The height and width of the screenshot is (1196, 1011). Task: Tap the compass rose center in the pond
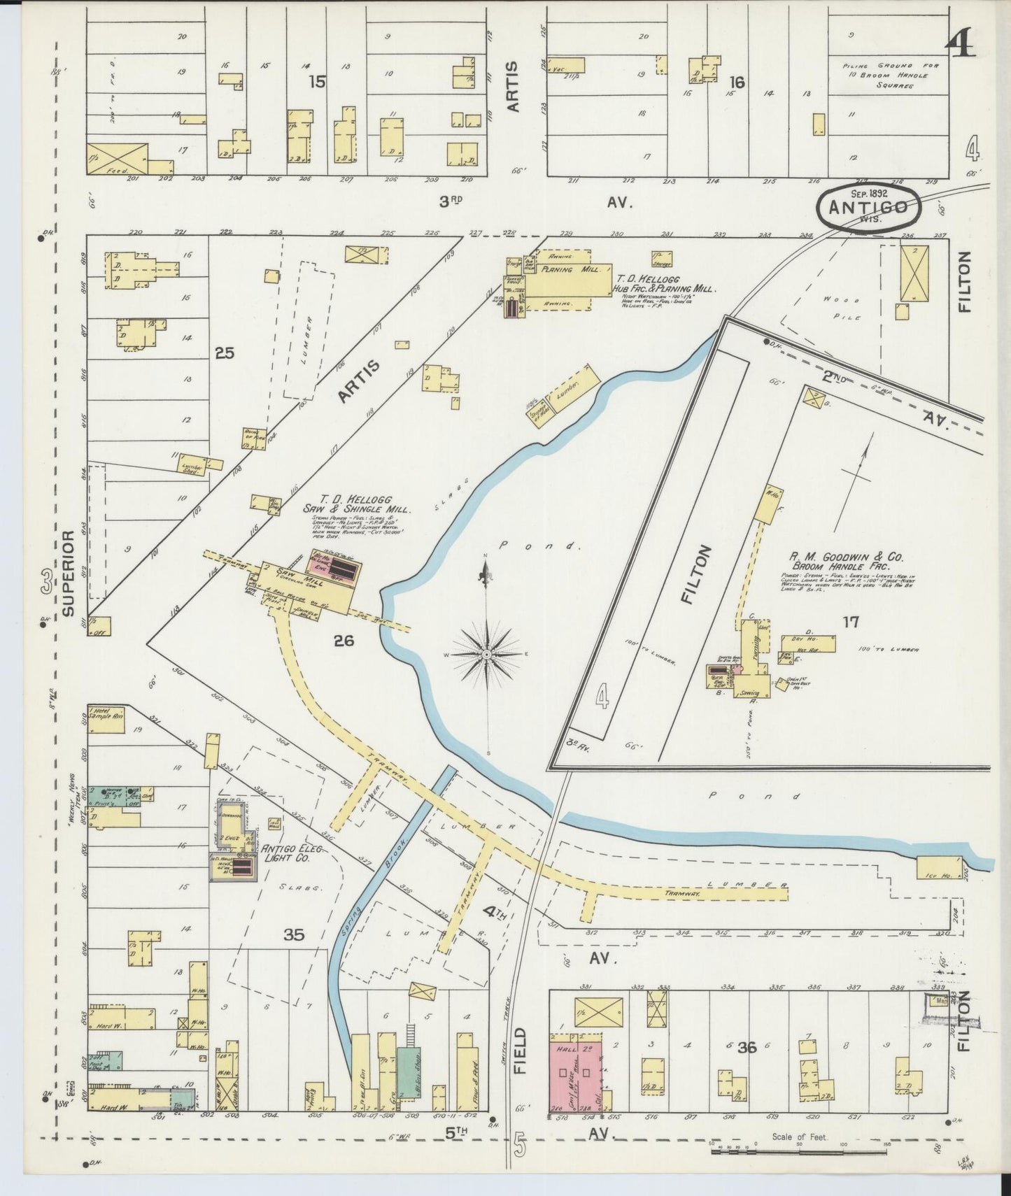click(x=486, y=654)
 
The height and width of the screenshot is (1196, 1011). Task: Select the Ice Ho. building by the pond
click(x=938, y=867)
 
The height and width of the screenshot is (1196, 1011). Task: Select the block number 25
click(x=224, y=354)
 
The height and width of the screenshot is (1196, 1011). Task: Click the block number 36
click(x=747, y=1047)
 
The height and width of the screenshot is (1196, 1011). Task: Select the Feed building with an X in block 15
click(x=118, y=159)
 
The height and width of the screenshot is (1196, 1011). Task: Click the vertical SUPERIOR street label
click(x=68, y=573)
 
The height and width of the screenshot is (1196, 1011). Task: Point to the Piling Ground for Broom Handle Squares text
click(x=890, y=76)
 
